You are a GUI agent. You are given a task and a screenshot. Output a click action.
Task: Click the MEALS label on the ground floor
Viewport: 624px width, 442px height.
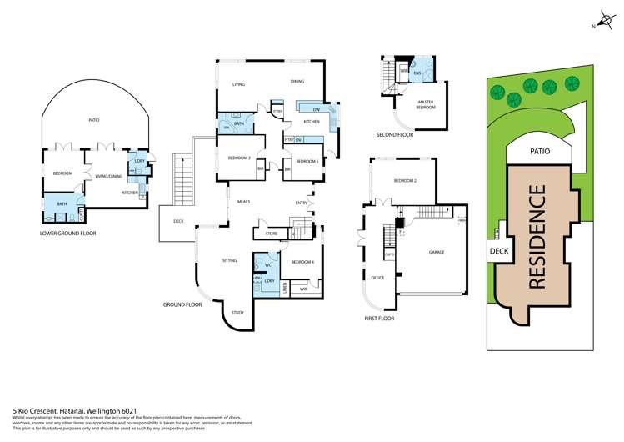tap(244, 202)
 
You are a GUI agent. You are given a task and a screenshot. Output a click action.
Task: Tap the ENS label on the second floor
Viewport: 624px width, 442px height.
tap(417, 73)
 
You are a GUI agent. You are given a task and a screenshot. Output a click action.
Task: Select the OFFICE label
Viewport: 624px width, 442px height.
tap(377, 278)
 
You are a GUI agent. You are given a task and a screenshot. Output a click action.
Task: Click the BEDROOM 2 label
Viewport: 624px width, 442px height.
tap(405, 181)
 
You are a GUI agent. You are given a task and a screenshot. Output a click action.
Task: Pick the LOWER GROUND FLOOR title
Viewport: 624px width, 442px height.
tap(67, 234)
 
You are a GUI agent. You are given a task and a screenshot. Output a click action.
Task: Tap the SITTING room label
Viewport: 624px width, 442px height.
tap(230, 261)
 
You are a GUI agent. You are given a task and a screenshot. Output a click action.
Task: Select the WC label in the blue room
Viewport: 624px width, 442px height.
tap(268, 264)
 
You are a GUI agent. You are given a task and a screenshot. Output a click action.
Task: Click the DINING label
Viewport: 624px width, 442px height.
tap(297, 83)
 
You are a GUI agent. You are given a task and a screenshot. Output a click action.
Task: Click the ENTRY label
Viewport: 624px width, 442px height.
tap(302, 203)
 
